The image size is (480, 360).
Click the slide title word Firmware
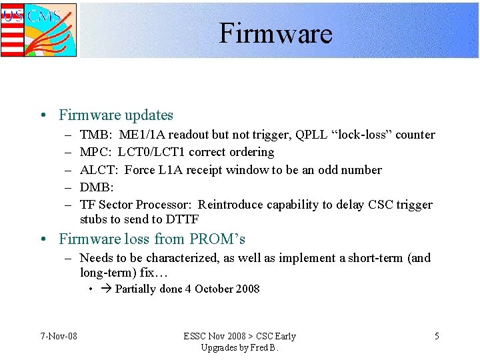(275, 33)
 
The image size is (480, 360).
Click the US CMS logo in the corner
(39, 29)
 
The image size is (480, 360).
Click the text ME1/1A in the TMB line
(139, 135)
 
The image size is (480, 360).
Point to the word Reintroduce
(231, 205)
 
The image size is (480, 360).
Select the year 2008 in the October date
(247, 289)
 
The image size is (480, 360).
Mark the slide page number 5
(437, 336)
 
